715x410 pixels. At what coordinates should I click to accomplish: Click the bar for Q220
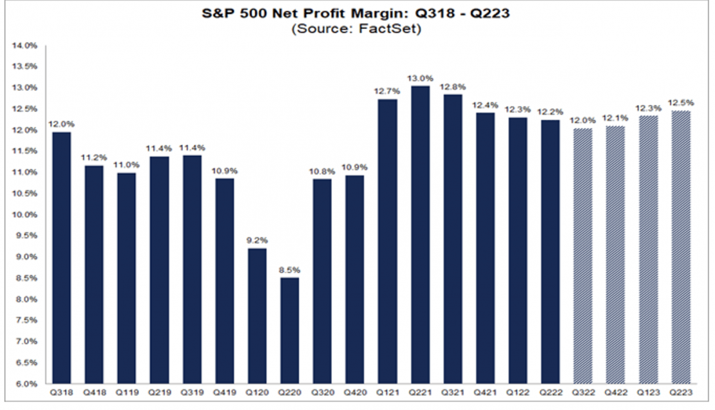pyautogui.click(x=289, y=331)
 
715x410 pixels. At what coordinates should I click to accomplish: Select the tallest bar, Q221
pyautogui.click(x=420, y=235)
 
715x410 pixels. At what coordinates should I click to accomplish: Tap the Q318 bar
pyautogui.click(x=61, y=257)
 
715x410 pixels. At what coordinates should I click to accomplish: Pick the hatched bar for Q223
pyautogui.click(x=681, y=247)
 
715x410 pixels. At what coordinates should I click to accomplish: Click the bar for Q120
pyautogui.click(x=257, y=316)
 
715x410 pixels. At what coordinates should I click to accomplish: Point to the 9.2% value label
pyautogui.click(x=257, y=240)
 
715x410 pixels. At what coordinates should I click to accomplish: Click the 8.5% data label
pyautogui.click(x=289, y=270)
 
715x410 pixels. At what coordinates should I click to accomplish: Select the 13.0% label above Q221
pyautogui.click(x=420, y=78)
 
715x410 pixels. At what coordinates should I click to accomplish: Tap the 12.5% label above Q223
pyautogui.click(x=681, y=102)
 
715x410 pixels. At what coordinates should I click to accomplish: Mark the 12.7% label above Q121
pyautogui.click(x=387, y=91)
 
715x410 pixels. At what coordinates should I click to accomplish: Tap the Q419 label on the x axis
pyautogui.click(x=224, y=393)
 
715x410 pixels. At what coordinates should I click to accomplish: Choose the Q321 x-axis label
pyautogui.click(x=453, y=393)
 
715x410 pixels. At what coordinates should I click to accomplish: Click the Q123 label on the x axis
pyautogui.click(x=649, y=393)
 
